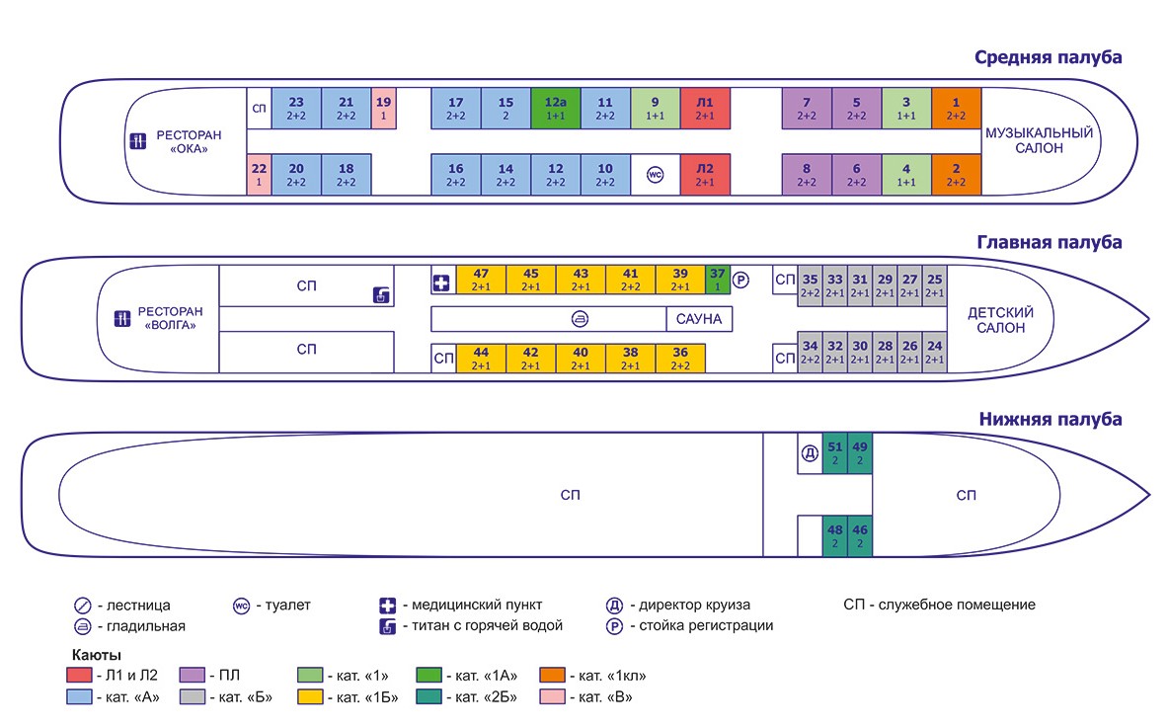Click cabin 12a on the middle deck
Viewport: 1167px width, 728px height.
click(x=555, y=108)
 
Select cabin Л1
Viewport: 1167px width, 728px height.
click(x=705, y=108)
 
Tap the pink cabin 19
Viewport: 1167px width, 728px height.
click(x=383, y=108)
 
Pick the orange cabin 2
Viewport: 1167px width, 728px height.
click(x=956, y=174)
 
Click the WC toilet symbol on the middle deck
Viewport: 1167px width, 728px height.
click(x=655, y=175)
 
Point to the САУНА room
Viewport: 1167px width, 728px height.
click(x=699, y=319)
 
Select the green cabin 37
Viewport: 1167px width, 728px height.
click(x=718, y=280)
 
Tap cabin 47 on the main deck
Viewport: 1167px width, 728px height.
click(x=481, y=280)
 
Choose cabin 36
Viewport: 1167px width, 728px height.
click(x=680, y=359)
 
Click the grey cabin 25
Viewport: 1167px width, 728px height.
click(x=934, y=285)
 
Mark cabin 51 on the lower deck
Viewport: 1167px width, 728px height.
click(x=835, y=452)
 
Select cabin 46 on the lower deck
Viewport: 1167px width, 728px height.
click(x=860, y=535)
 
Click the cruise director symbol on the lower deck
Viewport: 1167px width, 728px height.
click(x=810, y=453)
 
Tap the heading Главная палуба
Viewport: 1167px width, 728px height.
click(x=1050, y=242)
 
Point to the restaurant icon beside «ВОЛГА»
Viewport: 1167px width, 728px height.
click(x=123, y=318)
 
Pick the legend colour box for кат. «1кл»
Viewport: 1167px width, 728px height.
click(x=552, y=676)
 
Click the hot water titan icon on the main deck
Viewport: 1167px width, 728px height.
click(x=381, y=294)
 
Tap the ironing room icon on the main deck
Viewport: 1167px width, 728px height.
click(x=580, y=319)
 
